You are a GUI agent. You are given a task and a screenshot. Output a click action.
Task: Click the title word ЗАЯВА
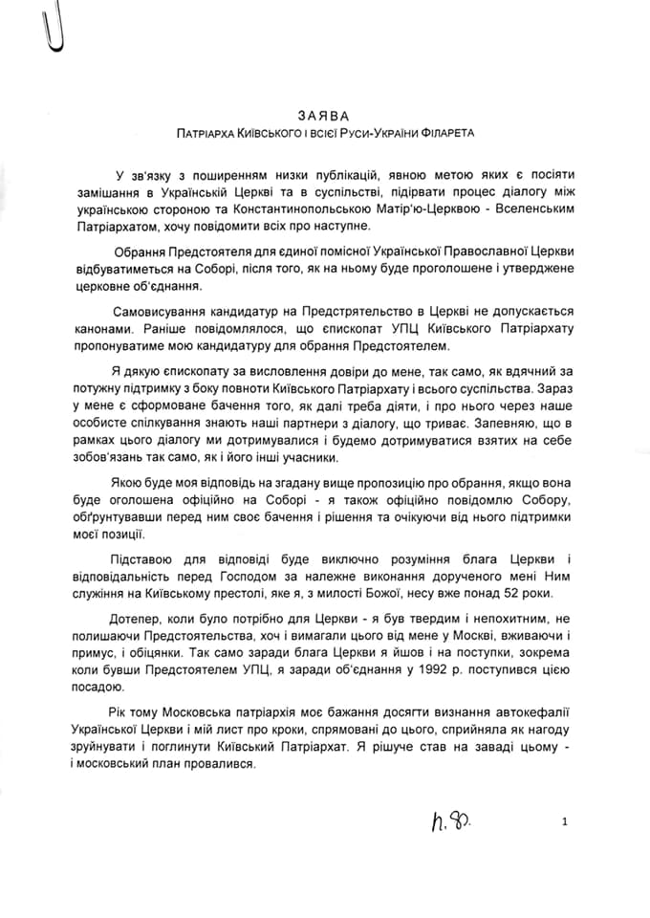pyautogui.click(x=325, y=115)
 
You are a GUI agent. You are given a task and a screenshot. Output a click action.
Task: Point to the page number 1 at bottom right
pyautogui.click(x=565, y=820)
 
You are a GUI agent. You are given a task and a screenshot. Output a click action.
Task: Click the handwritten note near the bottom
pyautogui.click(x=454, y=819)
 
